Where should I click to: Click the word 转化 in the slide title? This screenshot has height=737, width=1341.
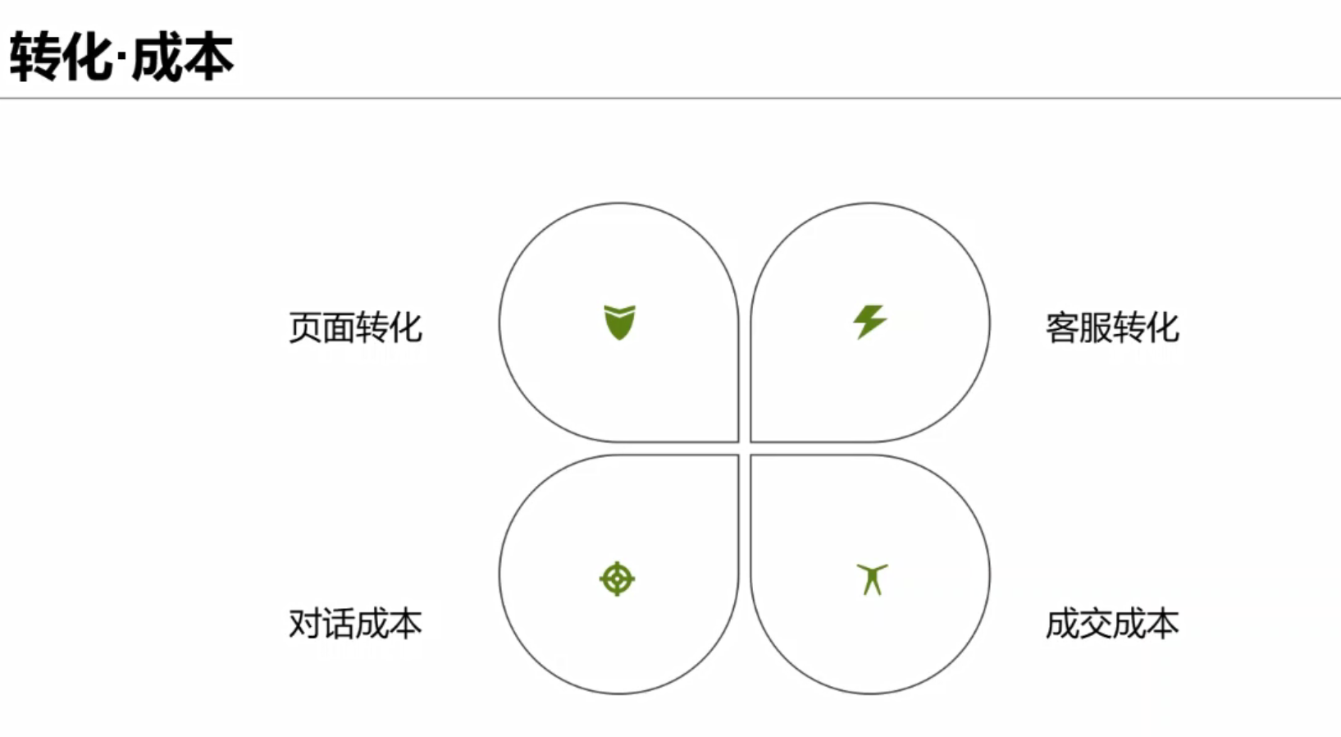61,57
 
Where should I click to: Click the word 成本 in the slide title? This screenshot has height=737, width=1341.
182,57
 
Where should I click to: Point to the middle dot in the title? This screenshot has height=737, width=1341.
121,59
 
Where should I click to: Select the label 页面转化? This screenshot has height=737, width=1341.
355,328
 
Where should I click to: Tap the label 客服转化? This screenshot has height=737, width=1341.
1111,328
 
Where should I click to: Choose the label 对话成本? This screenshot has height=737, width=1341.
355,624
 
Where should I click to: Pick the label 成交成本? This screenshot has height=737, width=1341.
1111,624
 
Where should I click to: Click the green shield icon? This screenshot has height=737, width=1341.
619,322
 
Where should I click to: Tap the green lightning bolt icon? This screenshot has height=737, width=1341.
869,321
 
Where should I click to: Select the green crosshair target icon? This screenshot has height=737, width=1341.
617,579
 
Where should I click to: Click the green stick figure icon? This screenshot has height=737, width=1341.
872,579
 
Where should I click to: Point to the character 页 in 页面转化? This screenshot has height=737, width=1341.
305,328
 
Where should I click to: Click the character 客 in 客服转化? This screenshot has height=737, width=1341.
1062,328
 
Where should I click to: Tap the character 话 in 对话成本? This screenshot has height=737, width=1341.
339,624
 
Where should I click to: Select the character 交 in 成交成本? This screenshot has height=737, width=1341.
1095,624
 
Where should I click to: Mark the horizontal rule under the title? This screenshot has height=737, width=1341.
670,98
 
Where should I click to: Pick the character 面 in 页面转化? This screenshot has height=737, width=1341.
339,328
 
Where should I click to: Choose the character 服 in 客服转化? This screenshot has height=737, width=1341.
1095,328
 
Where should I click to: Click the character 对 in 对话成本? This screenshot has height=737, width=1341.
305,624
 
